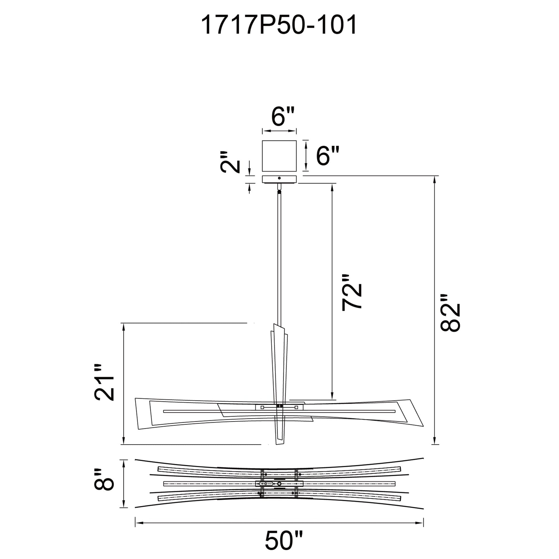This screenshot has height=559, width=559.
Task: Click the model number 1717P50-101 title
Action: [x=279, y=26]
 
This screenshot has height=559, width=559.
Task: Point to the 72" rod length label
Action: [x=352, y=292]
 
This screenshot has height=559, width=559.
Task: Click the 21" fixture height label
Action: [x=105, y=382]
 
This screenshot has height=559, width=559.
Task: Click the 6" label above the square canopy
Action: [x=283, y=117]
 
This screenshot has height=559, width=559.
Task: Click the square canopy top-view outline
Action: [x=279, y=156]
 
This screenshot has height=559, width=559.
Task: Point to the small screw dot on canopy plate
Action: [x=279, y=178]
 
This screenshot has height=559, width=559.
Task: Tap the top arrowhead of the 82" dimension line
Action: [x=434, y=179]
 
